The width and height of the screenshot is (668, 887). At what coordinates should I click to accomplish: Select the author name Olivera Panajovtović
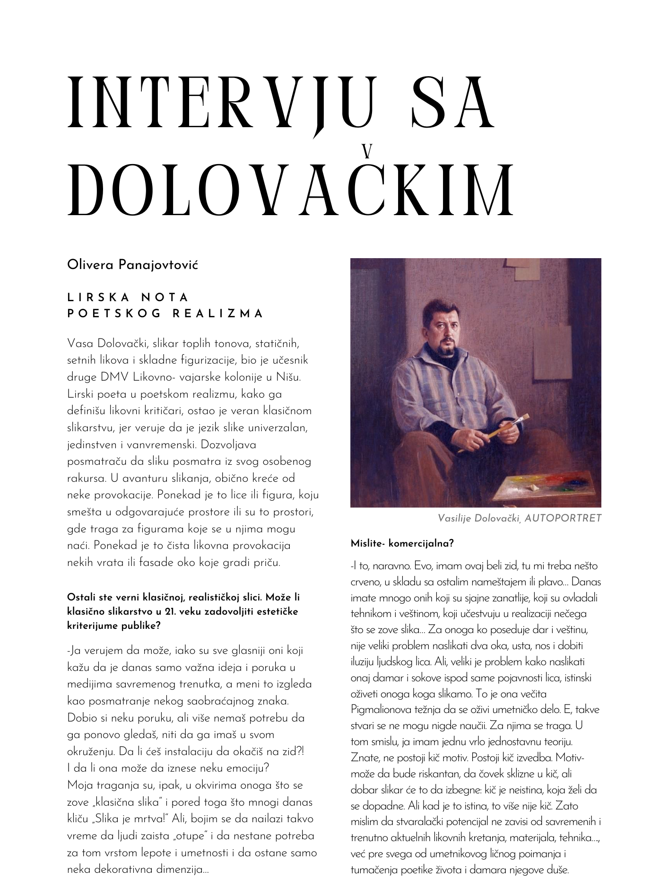132,265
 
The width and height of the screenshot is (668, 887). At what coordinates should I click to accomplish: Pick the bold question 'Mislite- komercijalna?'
402,543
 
